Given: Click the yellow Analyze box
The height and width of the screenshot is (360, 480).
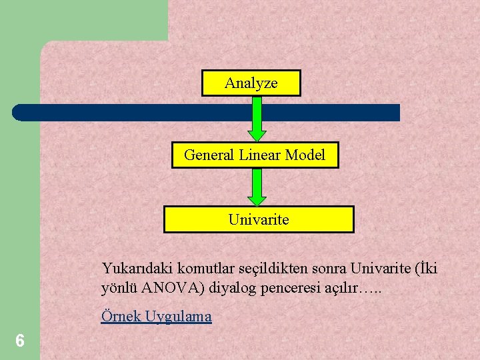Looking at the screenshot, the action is pyautogui.click(x=251, y=83).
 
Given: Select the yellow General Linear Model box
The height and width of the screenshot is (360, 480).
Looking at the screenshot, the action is pyautogui.click(x=255, y=155).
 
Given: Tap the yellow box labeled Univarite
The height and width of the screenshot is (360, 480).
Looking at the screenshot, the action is pyautogui.click(x=259, y=219).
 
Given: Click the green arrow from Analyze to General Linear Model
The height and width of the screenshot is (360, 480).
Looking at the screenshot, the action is pyautogui.click(x=257, y=120).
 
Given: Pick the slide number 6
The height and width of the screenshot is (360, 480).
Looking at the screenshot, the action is pyautogui.click(x=20, y=341).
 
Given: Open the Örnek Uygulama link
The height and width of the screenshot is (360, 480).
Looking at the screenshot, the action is pyautogui.click(x=156, y=317).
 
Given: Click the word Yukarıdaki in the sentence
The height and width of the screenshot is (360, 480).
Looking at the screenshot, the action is pyautogui.click(x=131, y=269).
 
